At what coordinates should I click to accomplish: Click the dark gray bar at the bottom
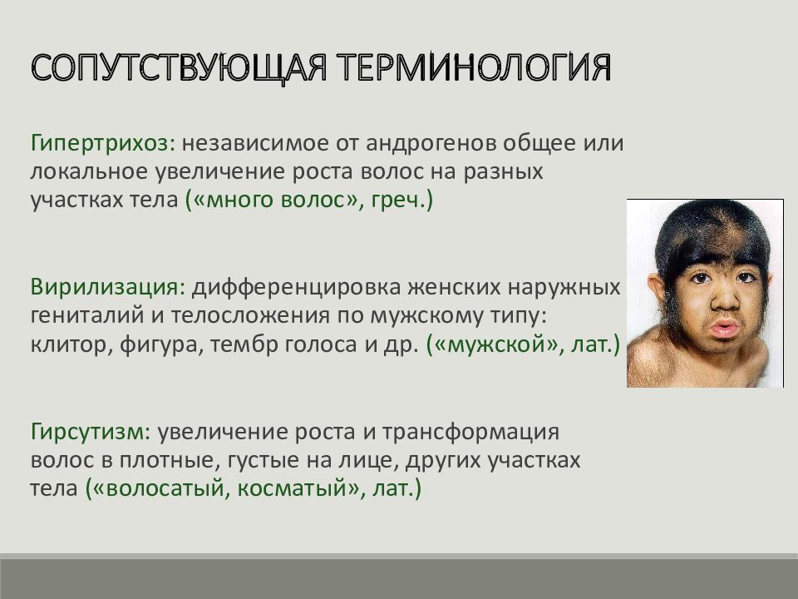coord(399,576)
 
